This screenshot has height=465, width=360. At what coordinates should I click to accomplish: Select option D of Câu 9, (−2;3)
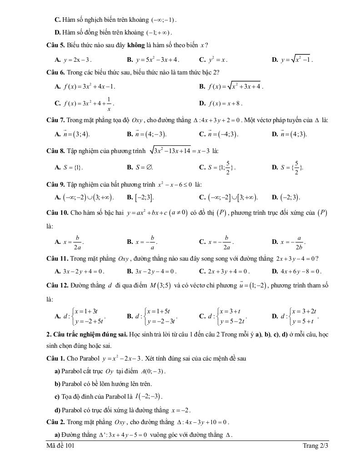[x=290, y=197]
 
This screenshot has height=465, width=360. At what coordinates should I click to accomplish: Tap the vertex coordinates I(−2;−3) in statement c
[x=152, y=396]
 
